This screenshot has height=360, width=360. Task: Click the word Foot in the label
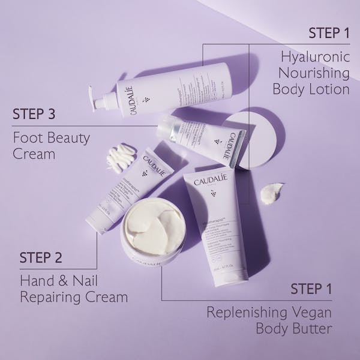point(27,139)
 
